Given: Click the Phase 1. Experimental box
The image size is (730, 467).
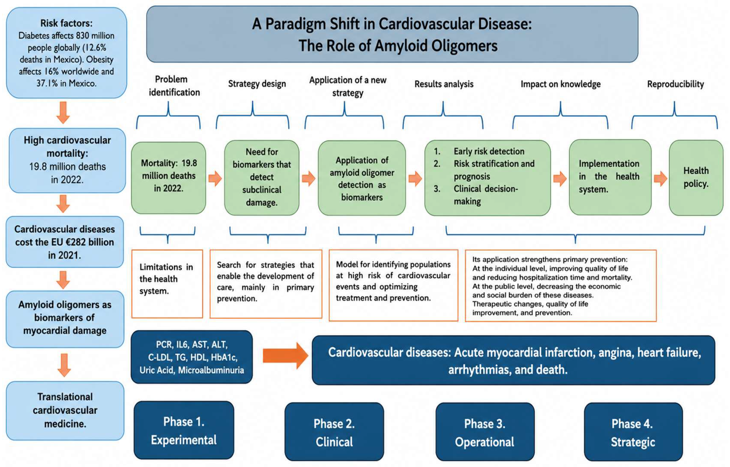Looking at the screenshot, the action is (184, 430).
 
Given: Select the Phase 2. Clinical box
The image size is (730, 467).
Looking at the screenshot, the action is (334, 432).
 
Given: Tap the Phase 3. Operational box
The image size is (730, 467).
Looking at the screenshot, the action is (485, 432).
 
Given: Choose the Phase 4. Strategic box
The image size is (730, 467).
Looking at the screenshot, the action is (633, 432).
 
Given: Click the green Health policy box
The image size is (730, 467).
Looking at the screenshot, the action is (696, 178).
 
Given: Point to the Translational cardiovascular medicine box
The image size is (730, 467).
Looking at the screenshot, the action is (65, 411).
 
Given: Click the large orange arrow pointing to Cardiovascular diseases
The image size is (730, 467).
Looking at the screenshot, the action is (285, 355).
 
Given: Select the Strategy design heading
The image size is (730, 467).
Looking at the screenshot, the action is (257, 84).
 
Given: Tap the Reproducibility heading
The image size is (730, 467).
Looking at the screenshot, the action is (675, 84).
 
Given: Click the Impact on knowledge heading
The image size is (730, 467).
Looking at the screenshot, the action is (561, 84).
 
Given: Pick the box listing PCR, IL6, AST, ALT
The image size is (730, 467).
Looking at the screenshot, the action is (192, 357).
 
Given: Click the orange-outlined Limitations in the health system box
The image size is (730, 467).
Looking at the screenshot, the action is (167, 284).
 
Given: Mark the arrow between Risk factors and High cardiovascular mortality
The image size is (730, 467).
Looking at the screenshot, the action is (64, 113).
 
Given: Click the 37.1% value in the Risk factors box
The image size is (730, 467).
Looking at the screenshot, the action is (47, 83).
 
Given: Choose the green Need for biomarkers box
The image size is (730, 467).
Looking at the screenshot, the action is (261, 178).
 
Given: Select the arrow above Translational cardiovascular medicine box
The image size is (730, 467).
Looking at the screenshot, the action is (64, 365).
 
